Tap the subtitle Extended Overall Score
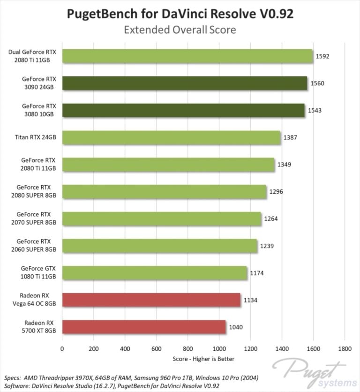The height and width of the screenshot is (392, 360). pyautogui.click(x=180, y=30)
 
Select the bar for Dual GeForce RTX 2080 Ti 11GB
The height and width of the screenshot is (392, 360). pyautogui.click(x=187, y=56)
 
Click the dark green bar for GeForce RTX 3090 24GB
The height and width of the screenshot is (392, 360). pyautogui.click(x=185, y=83)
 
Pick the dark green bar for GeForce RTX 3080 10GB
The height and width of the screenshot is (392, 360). pyautogui.click(x=183, y=110)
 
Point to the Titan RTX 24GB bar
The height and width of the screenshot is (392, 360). pyautogui.click(x=171, y=137)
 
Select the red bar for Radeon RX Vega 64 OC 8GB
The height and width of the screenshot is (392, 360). pyautogui.click(x=151, y=300)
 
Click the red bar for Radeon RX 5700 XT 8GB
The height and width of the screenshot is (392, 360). pyautogui.click(x=144, y=327)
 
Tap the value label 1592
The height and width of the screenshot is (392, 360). pyautogui.click(x=323, y=56)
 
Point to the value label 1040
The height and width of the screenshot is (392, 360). pyautogui.click(x=236, y=327)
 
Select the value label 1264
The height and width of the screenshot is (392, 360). pyautogui.click(x=271, y=219)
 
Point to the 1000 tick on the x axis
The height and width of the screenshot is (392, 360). pyautogui.click(x=219, y=348)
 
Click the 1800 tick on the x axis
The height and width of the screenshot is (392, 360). pyautogui.click(x=345, y=348)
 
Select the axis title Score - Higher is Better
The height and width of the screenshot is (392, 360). pyautogui.click(x=203, y=359)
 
